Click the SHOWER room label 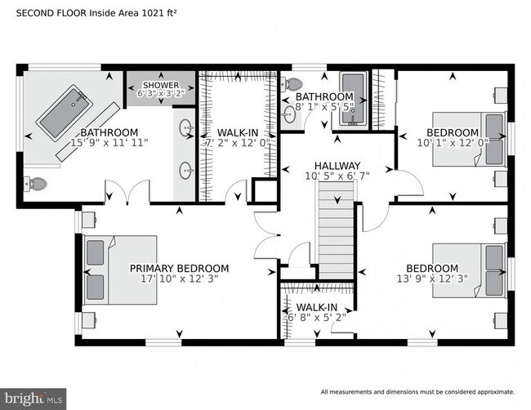(160, 85)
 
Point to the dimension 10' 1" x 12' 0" (452, 145)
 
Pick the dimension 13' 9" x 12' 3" (432, 280)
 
